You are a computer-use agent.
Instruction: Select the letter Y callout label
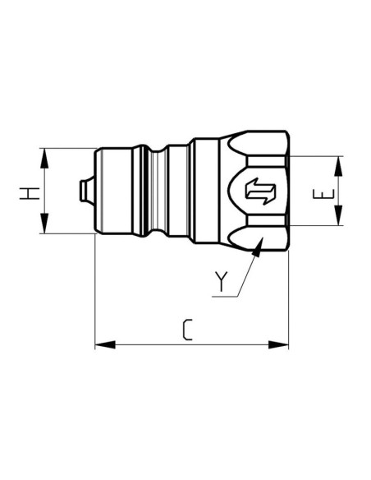220,281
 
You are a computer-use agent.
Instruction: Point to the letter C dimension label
187,330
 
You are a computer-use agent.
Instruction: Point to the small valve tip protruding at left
85,191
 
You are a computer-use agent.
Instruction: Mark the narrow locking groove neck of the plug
175,191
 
